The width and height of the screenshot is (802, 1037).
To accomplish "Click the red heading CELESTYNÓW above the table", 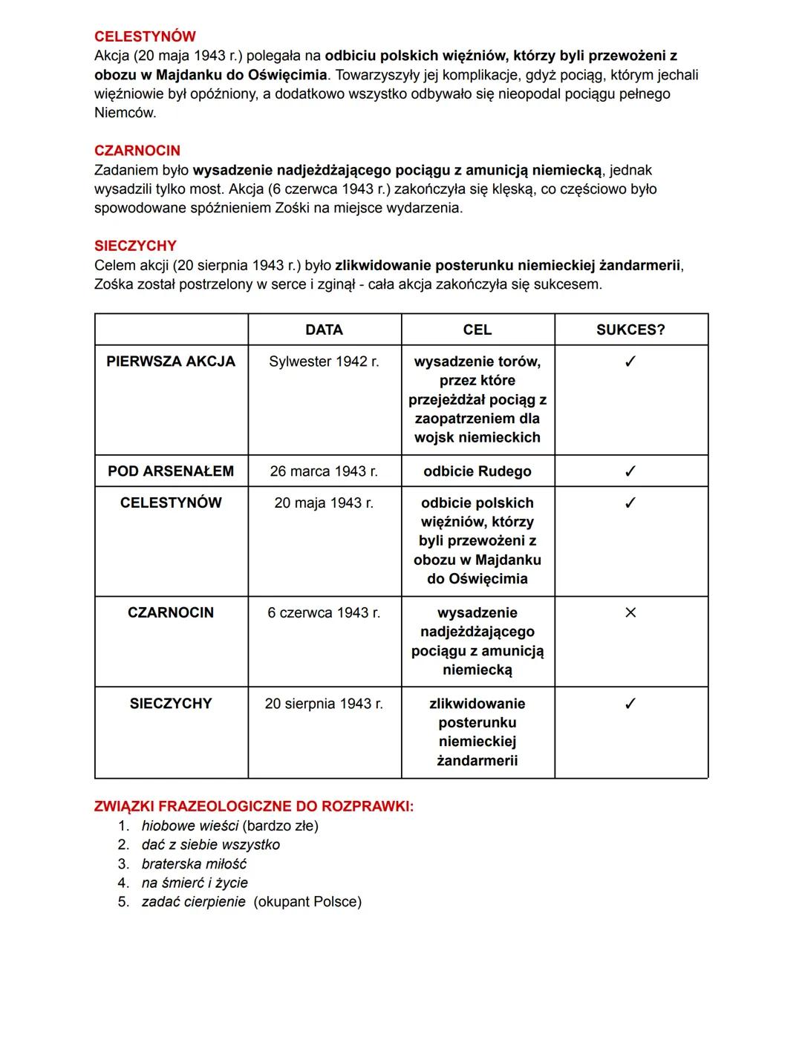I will click(x=145, y=36).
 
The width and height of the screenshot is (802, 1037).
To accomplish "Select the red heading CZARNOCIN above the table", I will click(x=137, y=151).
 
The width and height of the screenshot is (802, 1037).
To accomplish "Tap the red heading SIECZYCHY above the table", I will click(x=135, y=246).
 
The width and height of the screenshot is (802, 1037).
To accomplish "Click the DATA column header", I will click(x=324, y=330).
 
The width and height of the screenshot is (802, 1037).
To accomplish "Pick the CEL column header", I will click(x=477, y=330).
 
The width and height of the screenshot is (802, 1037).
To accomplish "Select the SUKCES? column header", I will click(x=630, y=330).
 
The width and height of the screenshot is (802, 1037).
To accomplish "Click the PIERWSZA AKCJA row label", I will click(x=171, y=362).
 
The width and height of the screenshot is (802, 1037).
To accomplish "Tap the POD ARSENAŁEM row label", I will click(x=171, y=471).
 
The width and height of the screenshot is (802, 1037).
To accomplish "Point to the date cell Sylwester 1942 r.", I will click(x=324, y=362).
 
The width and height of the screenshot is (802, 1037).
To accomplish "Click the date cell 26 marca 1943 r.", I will click(x=324, y=471).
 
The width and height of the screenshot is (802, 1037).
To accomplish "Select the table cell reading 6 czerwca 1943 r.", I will click(x=324, y=612).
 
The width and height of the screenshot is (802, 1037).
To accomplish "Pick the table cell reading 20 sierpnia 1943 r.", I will click(x=324, y=704).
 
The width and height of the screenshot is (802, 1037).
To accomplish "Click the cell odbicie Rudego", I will click(x=477, y=471).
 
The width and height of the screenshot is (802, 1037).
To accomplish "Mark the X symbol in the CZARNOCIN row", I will click(x=630, y=612).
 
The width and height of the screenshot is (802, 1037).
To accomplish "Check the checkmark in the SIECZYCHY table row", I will click(x=630, y=704).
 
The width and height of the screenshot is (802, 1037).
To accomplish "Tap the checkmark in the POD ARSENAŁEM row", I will click(x=630, y=471).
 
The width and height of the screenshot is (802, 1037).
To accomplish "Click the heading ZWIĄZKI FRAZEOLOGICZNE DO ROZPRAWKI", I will click(x=254, y=806).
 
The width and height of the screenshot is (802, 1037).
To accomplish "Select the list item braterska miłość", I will click(x=194, y=864).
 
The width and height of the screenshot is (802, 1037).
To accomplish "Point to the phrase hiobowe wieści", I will click(x=189, y=825).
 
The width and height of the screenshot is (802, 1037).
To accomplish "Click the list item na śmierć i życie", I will click(x=195, y=883).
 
